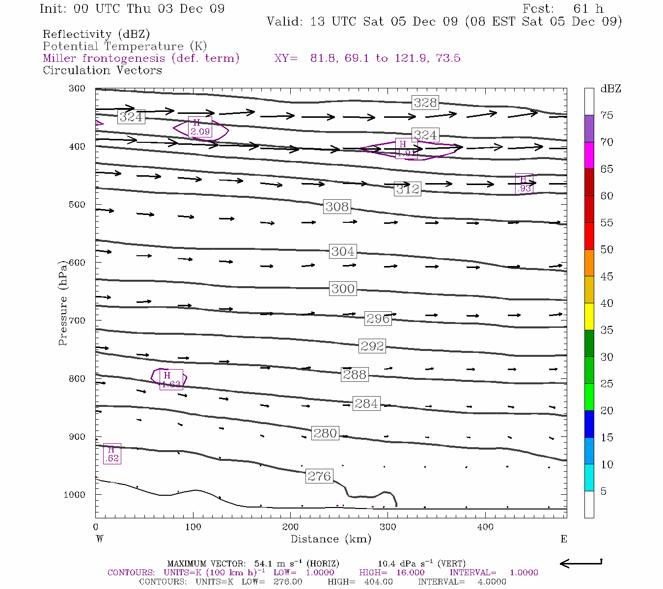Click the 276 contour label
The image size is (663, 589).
tap(320, 476)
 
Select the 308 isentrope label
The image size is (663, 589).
tap(337, 207)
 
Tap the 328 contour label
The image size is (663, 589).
tap(425, 103)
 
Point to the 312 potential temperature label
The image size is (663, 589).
tap(408, 189)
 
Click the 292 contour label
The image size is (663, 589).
tap(372, 346)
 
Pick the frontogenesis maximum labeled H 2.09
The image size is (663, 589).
tap(200, 127)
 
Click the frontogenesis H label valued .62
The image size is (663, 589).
tap(112, 454)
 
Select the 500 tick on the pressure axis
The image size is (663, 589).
tap(77, 205)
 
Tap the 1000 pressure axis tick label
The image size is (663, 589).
tap(75, 495)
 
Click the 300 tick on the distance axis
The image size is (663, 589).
tap(388, 527)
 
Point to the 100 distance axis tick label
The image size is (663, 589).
tap(193, 527)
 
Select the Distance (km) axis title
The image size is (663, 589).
tap(331, 539)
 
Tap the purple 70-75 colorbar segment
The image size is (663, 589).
tap(589, 129)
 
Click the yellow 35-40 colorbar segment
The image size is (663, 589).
tap(589, 317)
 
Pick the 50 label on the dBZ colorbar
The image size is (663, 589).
tap(607, 250)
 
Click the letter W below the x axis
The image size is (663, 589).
tap(100, 539)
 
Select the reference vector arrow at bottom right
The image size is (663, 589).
tap(580, 563)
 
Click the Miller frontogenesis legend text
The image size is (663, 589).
tap(141, 58)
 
